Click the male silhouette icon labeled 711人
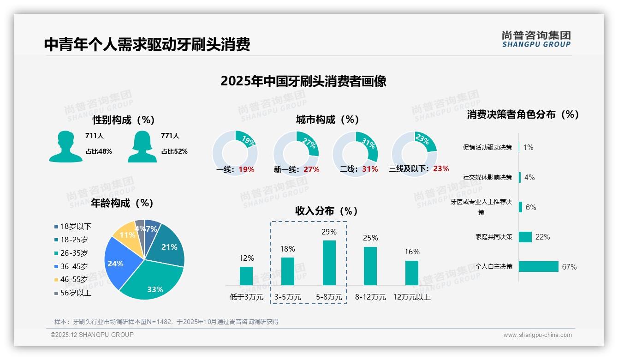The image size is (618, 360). click(65, 146)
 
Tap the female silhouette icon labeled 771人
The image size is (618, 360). click(142, 146)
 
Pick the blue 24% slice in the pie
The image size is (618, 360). click(118, 263)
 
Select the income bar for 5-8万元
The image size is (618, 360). click(329, 263)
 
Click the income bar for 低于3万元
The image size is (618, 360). click(246, 276)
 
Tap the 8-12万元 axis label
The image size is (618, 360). click(370, 297)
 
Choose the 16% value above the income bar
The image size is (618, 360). click(412, 252)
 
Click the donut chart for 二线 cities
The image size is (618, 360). click(355, 153)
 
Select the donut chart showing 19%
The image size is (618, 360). click(235, 153)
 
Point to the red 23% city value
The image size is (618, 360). click(441, 169)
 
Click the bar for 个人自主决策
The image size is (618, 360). click(538, 266)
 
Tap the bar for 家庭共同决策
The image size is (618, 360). click(525, 237)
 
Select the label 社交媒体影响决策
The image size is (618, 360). click(487, 177)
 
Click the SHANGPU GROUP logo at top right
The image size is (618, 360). click(536, 39)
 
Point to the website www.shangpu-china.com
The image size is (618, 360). click(537, 335)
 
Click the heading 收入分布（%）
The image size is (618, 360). click(327, 211)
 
